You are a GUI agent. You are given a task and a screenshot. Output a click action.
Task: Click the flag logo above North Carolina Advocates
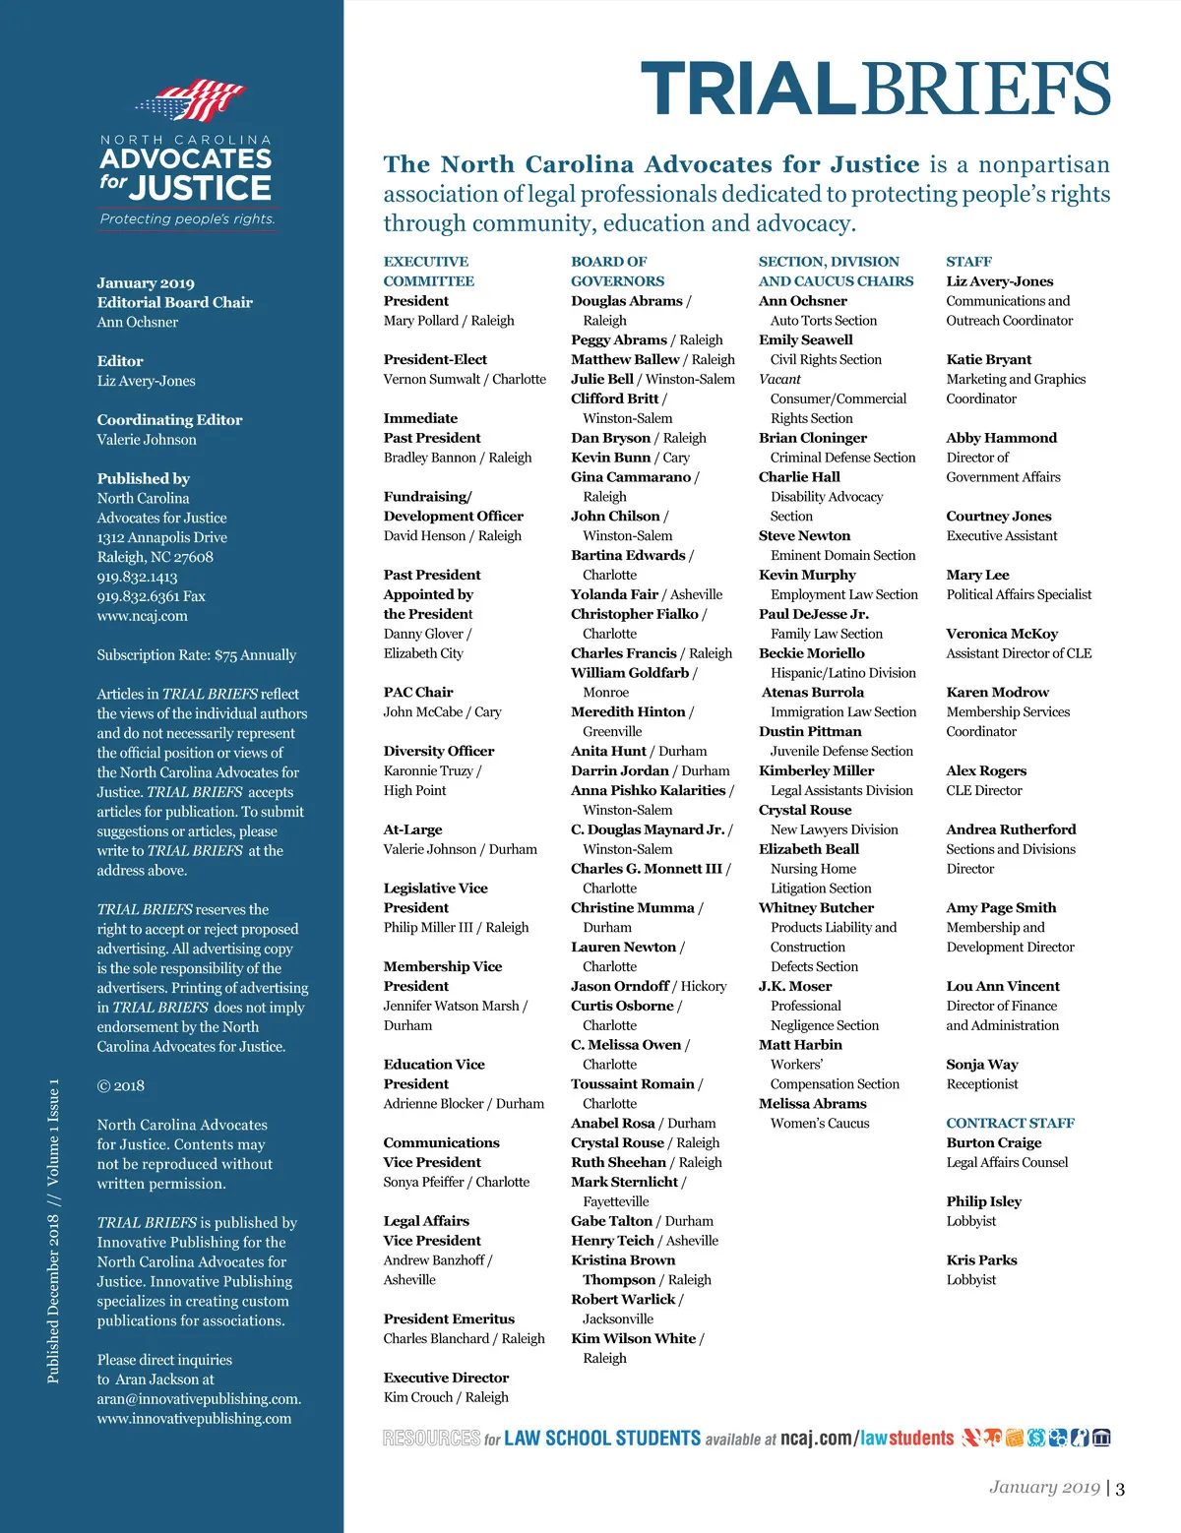click(x=191, y=100)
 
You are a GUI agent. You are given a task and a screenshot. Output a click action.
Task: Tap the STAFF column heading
click(x=968, y=262)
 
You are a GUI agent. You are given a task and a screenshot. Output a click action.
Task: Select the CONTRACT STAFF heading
click(x=1010, y=1123)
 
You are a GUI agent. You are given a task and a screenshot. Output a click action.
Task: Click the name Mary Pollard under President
click(x=421, y=321)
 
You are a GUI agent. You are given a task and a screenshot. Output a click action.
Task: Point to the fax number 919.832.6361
click(x=138, y=596)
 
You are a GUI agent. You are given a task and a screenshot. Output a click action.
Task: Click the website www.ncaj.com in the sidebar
click(x=142, y=616)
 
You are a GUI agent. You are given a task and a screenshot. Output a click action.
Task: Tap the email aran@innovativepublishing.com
click(x=199, y=1399)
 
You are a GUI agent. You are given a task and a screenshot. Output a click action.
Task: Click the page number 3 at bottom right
click(x=1120, y=1489)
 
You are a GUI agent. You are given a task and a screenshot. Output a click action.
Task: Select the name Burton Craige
click(x=993, y=1142)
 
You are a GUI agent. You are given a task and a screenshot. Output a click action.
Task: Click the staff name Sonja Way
click(x=981, y=1065)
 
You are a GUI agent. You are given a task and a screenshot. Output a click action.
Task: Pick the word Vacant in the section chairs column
click(x=779, y=379)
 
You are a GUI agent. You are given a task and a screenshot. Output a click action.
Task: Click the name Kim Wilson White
click(x=633, y=1338)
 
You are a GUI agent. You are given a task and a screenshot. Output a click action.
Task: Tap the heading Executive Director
click(x=446, y=1378)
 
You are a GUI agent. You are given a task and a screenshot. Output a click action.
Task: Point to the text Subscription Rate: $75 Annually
click(x=196, y=655)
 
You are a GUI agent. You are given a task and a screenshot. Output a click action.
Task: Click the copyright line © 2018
click(x=120, y=1086)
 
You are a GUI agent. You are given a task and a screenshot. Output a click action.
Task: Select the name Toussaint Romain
click(x=632, y=1084)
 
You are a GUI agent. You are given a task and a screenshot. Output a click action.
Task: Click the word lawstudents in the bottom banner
click(x=906, y=1439)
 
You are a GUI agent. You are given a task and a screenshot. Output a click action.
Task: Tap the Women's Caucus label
click(x=820, y=1124)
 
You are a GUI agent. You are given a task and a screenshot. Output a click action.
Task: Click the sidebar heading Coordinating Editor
click(x=169, y=420)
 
